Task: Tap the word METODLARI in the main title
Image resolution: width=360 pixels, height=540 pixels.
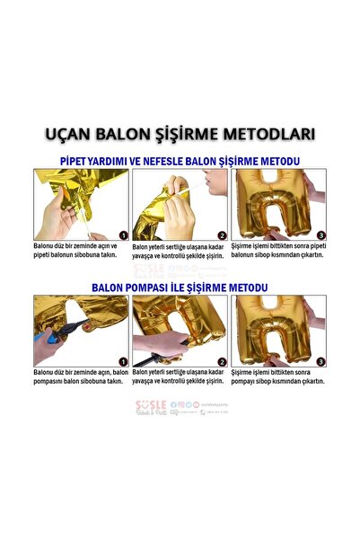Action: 269,135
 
